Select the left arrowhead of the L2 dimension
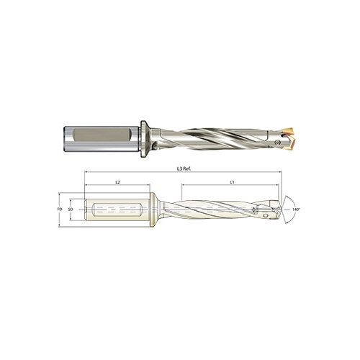point(86,188)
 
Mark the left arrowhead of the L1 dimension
point(181,188)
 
